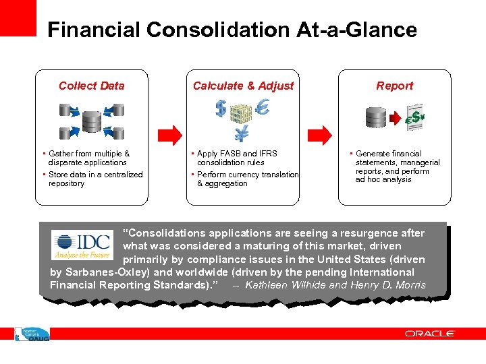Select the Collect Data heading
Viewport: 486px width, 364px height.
92,86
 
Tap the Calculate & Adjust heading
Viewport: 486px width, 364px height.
243,86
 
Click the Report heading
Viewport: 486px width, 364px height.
395,86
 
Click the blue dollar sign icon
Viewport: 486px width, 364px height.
221,108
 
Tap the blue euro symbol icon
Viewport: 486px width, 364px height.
263,107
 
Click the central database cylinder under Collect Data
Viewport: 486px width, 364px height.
91,122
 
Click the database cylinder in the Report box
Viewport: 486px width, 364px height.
375,117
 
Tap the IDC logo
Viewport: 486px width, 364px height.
82,244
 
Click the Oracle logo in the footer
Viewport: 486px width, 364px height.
430,334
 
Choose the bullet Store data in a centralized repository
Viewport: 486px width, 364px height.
94,179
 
